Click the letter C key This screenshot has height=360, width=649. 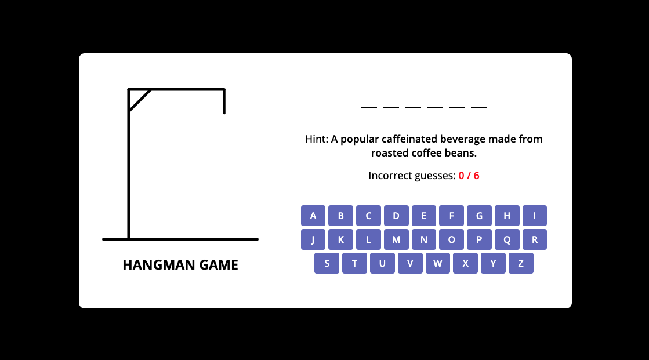368,216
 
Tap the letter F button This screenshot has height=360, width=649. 452,216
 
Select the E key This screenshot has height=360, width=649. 424,216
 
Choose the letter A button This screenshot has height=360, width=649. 313,216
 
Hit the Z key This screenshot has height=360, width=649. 521,263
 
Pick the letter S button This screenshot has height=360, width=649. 327,263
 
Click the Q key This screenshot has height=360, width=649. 507,239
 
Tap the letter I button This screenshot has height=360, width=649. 534,216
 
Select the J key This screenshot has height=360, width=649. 313,239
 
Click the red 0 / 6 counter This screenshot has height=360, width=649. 469,176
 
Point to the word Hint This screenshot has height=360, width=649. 316,139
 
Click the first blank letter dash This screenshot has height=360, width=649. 369,108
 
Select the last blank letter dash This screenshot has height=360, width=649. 479,108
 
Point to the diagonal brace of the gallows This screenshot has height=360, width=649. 139,100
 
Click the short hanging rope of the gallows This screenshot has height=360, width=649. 224,101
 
